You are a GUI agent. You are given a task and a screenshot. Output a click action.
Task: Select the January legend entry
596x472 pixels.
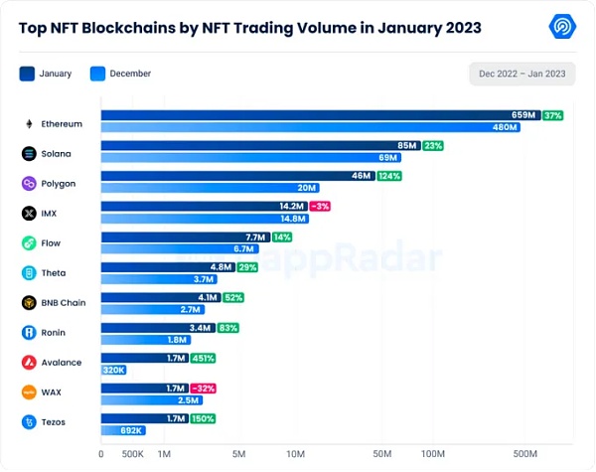click(x=45, y=74)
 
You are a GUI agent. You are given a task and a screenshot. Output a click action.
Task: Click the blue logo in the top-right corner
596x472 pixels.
click(x=565, y=27)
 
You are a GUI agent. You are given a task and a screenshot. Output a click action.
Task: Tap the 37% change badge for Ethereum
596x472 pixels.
click(x=553, y=116)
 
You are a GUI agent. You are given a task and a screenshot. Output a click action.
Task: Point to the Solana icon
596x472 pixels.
click(x=29, y=154)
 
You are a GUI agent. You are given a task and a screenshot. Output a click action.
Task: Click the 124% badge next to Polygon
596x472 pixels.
click(x=389, y=176)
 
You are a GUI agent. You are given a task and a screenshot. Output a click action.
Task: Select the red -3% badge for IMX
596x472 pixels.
click(x=320, y=206)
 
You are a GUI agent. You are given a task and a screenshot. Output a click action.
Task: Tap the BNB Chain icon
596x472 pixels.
click(x=29, y=303)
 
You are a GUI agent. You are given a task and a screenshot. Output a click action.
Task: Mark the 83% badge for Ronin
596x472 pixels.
click(x=227, y=327)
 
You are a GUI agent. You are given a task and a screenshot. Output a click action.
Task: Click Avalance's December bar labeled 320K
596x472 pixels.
click(x=114, y=370)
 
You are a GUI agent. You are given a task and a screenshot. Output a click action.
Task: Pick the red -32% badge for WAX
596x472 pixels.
click(x=202, y=388)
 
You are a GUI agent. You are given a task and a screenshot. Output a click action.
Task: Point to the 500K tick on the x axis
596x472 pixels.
click(x=133, y=454)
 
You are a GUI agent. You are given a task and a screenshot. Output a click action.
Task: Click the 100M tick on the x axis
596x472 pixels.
click(x=432, y=454)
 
